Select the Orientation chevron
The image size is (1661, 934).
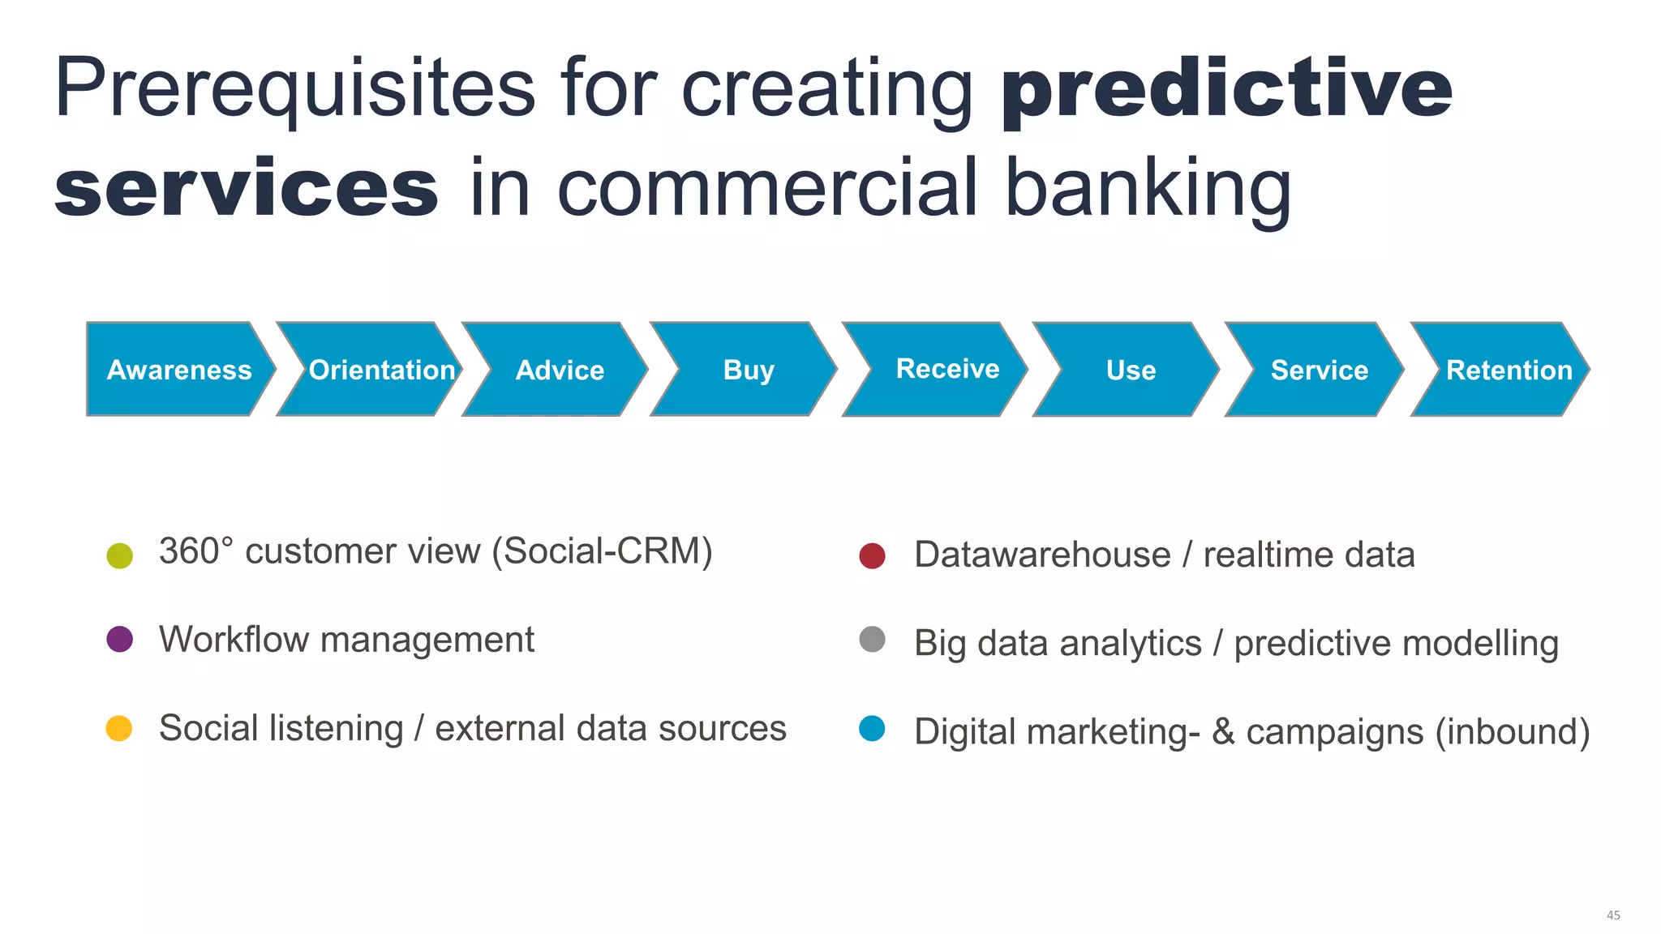tap(370, 370)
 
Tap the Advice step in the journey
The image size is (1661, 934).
tap(556, 370)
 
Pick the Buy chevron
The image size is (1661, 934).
tap(744, 370)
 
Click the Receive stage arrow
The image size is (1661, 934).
tap(935, 370)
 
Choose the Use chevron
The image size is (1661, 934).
tap(1126, 370)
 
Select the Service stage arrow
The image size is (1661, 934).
tap(1315, 370)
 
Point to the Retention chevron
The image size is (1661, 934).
tap(1500, 370)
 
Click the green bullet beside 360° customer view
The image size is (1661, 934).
tap(119, 555)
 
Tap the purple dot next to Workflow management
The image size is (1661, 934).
tap(119, 639)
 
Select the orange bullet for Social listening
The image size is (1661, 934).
tap(119, 727)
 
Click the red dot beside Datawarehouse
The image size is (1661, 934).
tap(872, 555)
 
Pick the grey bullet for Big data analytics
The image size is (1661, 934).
tap(872, 639)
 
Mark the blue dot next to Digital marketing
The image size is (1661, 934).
tap(872, 728)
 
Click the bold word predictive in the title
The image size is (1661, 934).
tap(1227, 90)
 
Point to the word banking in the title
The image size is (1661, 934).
tap(1148, 191)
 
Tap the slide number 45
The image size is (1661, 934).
tap(1613, 915)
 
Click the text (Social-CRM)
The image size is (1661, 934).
tap(603, 552)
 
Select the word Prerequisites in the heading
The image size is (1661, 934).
tap(295, 90)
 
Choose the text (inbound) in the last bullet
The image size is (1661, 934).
tap(1513, 732)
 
